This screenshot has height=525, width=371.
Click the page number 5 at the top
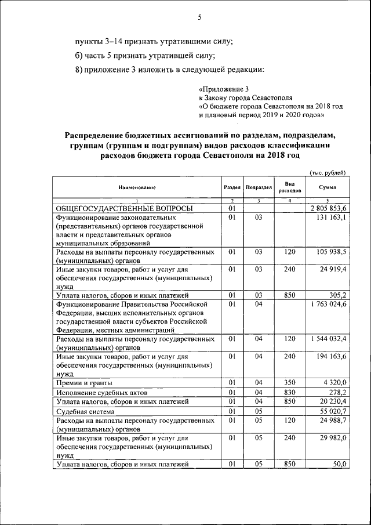(x=199, y=17)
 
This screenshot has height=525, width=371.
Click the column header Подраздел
(x=259, y=187)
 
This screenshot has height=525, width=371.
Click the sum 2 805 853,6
(x=328, y=208)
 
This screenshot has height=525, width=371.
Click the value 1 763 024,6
(x=328, y=304)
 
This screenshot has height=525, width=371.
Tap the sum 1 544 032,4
(x=328, y=338)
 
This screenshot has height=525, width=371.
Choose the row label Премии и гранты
(x=84, y=383)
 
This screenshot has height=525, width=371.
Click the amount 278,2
(x=336, y=392)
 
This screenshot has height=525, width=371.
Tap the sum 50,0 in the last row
(x=339, y=464)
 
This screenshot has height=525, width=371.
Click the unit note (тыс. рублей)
(x=328, y=172)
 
